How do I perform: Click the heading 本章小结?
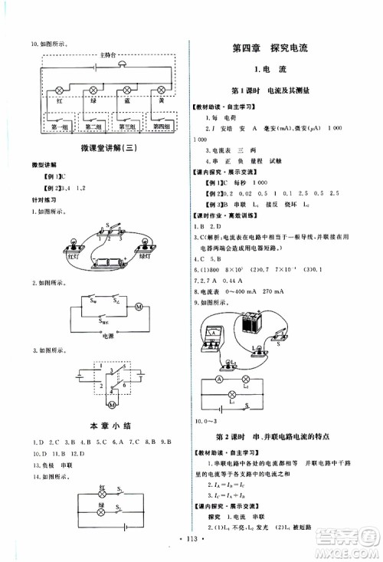107,425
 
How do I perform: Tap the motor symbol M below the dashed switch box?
112,404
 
